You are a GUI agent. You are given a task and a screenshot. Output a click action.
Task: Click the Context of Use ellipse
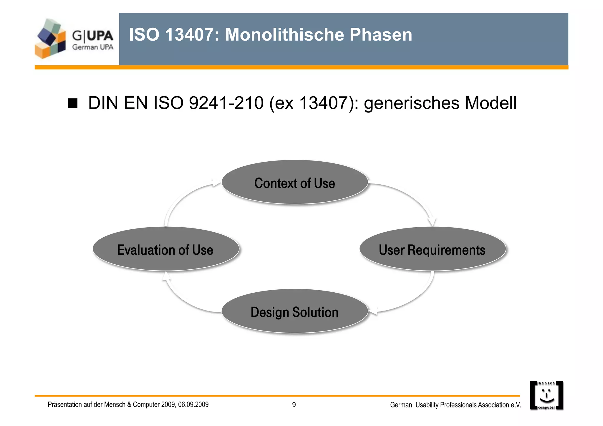295,183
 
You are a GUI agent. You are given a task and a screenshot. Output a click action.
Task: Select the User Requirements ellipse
432,249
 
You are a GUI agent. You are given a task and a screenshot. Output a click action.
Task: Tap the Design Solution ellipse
295,311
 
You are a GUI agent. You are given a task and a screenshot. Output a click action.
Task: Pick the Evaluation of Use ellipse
165,249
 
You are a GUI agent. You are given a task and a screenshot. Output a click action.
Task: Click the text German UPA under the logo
93,47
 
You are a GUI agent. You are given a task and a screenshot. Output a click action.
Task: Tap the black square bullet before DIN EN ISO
72,103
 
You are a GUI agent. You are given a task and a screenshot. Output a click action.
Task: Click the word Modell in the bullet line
490,103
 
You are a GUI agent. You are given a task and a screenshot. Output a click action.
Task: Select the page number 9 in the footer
294,405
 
